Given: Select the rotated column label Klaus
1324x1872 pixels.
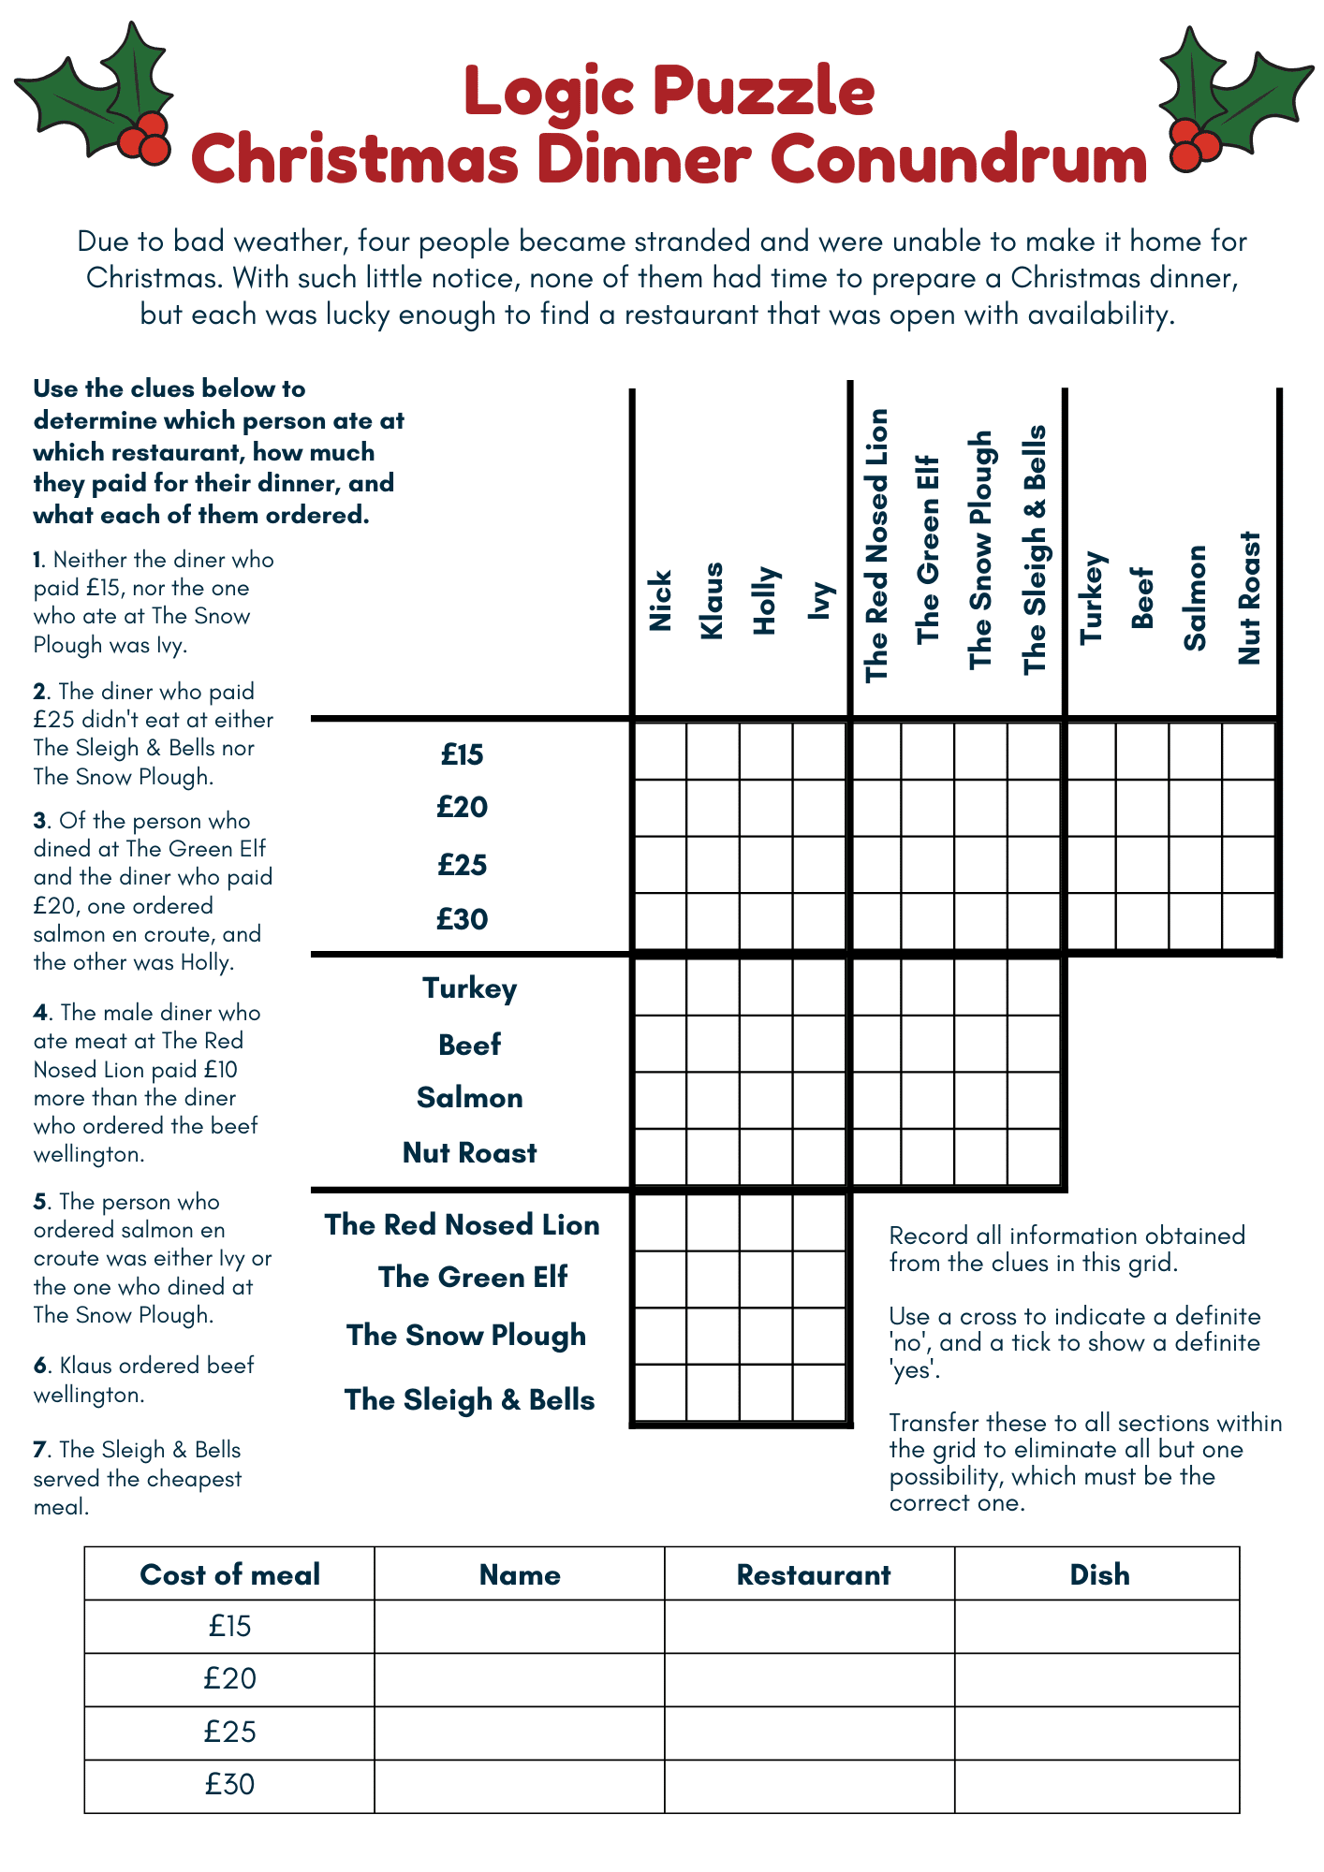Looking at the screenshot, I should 713,600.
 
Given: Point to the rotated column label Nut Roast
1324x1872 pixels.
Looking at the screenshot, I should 1249,598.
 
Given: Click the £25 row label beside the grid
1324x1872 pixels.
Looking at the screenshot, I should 463,864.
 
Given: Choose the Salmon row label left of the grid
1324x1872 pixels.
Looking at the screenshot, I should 469,1097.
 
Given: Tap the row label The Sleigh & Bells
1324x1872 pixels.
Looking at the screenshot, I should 469,1399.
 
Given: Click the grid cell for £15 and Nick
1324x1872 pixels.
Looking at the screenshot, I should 660,751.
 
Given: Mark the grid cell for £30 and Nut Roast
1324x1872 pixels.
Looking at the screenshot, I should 1249,921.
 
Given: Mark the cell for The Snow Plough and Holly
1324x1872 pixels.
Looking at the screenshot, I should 766,1336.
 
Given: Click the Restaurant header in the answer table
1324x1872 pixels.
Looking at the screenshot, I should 813,1574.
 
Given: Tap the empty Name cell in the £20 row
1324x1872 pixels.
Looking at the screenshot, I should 519,1679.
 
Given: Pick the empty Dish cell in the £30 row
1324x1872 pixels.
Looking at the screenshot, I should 1096,1785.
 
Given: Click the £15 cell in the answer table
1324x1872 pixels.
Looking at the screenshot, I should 229,1626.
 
